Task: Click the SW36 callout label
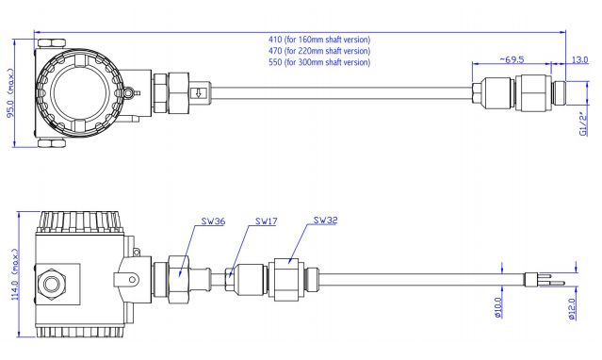(x=213, y=221)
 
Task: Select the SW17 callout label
(x=266, y=221)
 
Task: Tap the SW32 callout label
(x=326, y=221)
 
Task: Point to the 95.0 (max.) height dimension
(x=10, y=93)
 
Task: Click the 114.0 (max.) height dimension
(x=15, y=274)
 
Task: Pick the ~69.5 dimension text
(x=512, y=59)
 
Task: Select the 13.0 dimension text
(x=579, y=60)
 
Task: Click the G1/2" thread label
(x=583, y=123)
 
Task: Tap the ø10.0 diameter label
(x=498, y=307)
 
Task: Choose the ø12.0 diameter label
(x=572, y=309)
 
